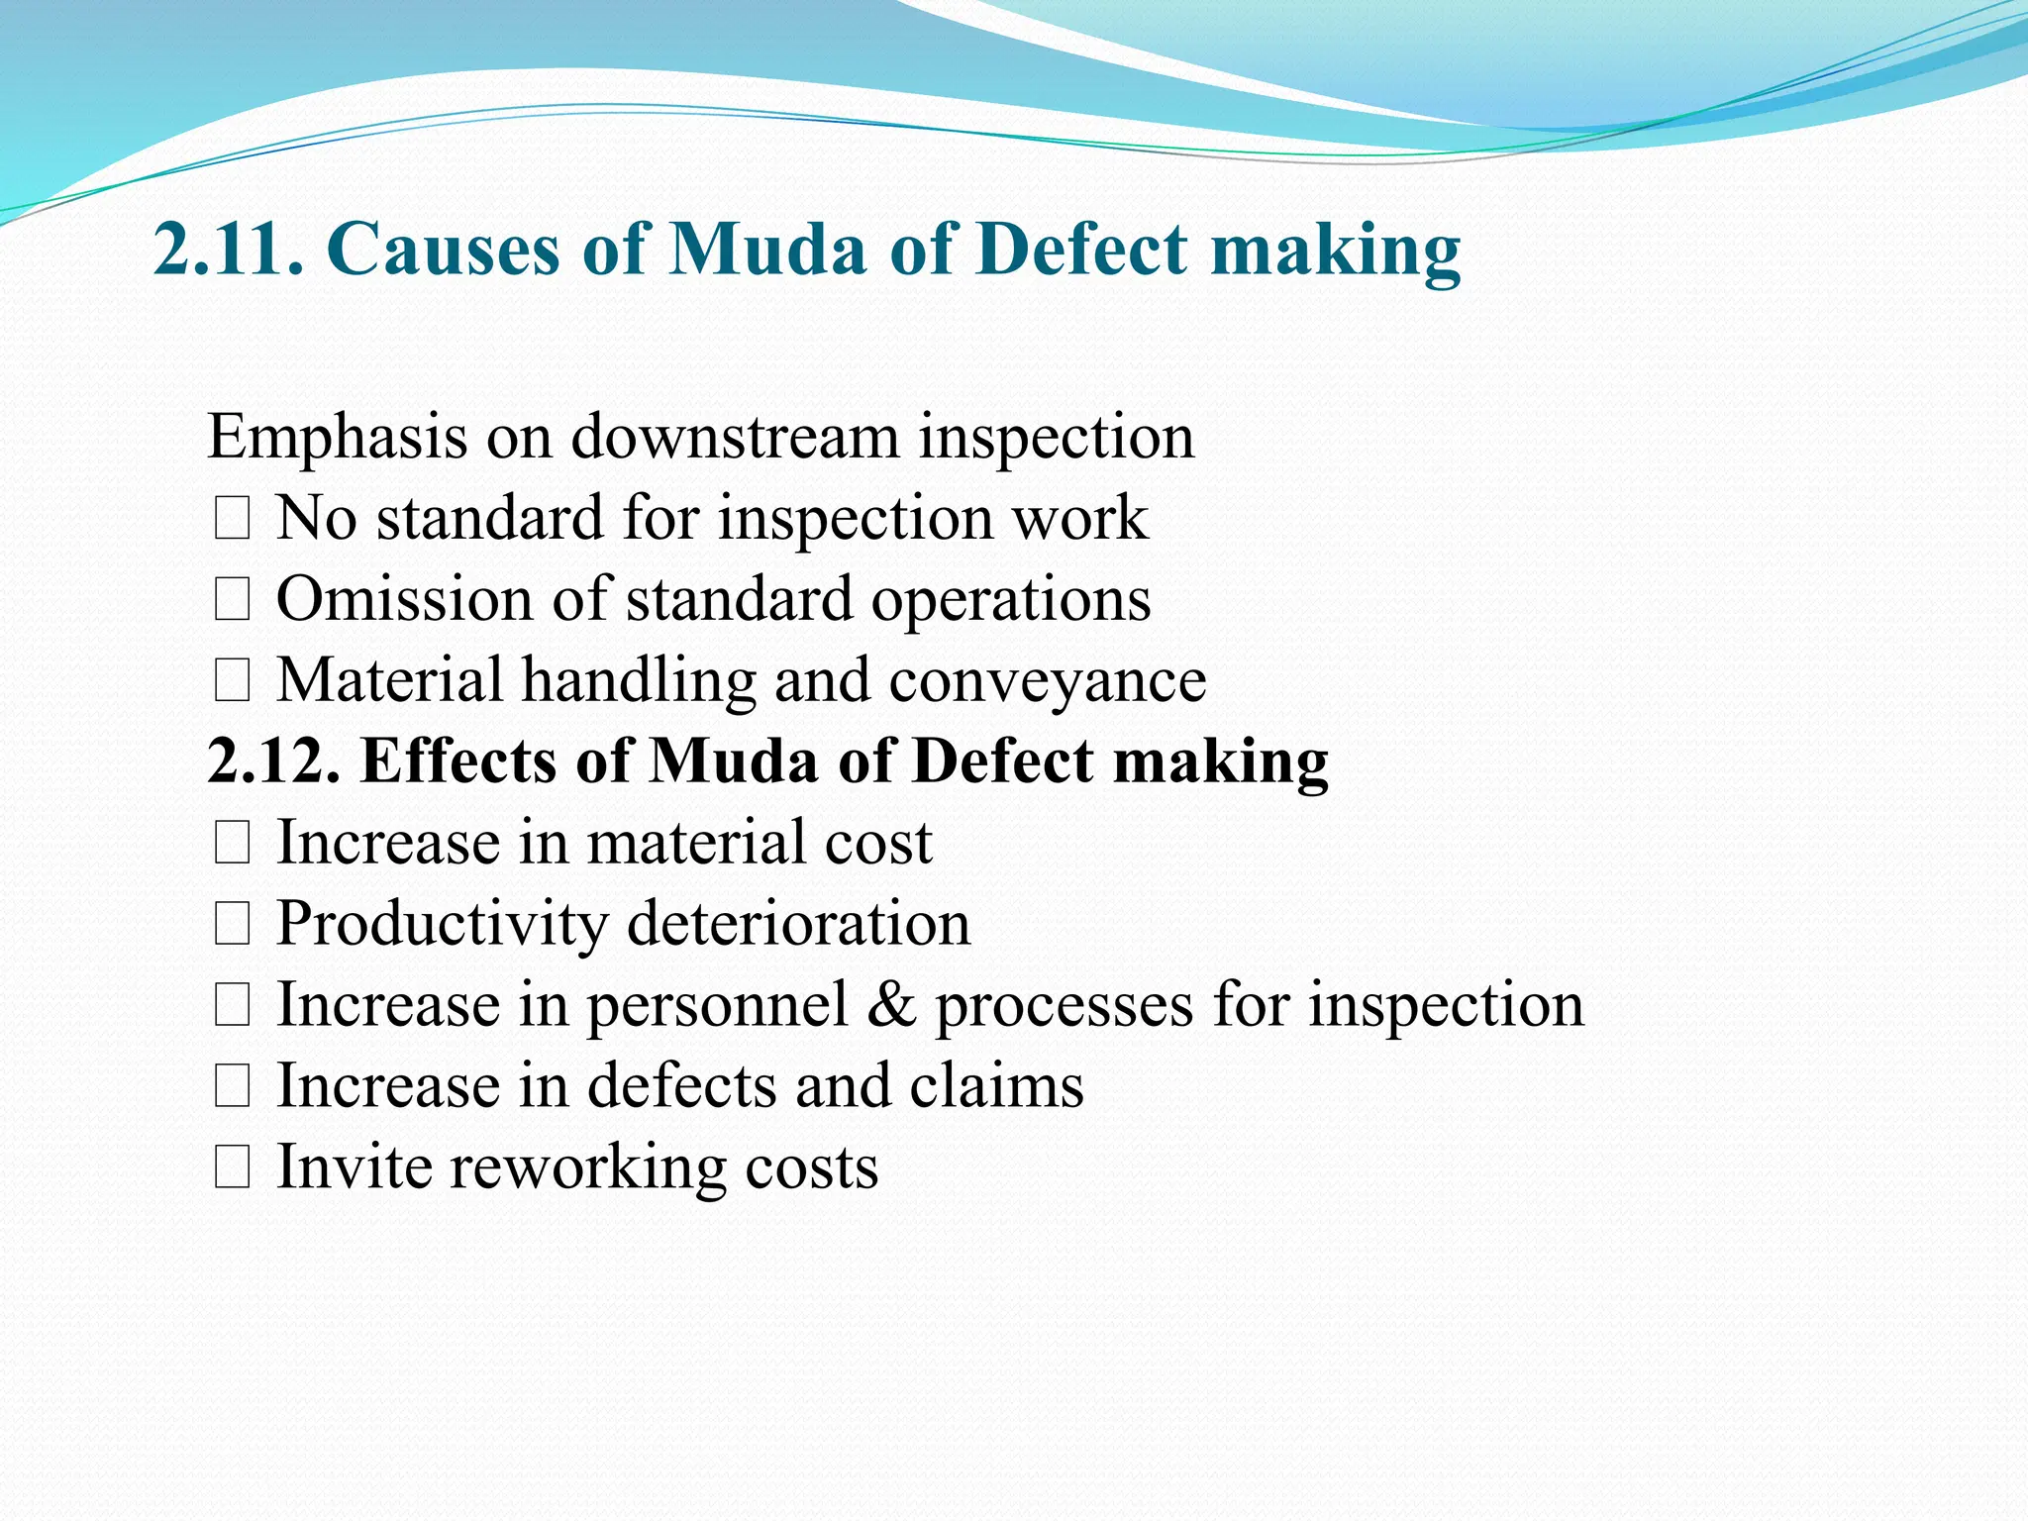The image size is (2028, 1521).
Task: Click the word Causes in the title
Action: [x=443, y=249]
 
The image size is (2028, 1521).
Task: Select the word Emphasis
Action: [x=337, y=437]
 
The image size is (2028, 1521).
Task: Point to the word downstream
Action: [x=735, y=437]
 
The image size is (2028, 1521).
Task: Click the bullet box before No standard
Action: [x=232, y=519]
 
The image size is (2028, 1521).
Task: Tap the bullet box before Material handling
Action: [x=232, y=681]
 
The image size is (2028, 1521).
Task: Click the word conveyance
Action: [x=1048, y=681]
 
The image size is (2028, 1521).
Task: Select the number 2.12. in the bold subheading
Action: [x=274, y=761]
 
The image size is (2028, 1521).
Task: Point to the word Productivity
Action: [x=442, y=924]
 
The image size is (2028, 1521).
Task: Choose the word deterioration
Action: [x=799, y=924]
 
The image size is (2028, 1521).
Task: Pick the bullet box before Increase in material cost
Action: [x=232, y=844]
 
